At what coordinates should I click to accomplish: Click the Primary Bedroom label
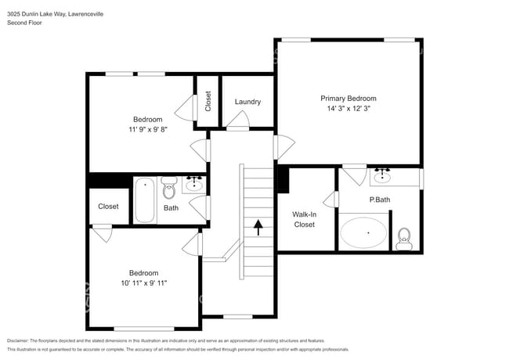point(348,99)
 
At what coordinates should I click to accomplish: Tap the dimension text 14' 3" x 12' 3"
point(348,110)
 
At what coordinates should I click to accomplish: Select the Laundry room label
point(247,102)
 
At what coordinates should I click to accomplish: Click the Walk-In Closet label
point(304,219)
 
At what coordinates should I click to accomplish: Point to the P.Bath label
point(380,200)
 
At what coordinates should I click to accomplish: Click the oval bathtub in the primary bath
point(363,233)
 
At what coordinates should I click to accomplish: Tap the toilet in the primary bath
point(404,238)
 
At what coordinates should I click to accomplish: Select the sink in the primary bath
point(384,177)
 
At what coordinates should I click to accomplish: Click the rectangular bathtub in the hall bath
point(145,200)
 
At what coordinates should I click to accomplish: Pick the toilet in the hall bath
point(170,189)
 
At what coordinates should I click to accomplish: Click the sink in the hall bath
point(194,185)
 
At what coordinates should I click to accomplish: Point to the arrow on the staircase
point(258,227)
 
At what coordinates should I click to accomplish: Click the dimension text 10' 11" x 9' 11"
point(143,283)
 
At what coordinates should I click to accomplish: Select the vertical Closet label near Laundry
point(208,101)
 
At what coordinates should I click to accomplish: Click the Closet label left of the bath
point(108,207)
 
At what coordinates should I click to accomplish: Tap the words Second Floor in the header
point(25,23)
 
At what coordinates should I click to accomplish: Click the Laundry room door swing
point(240,119)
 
